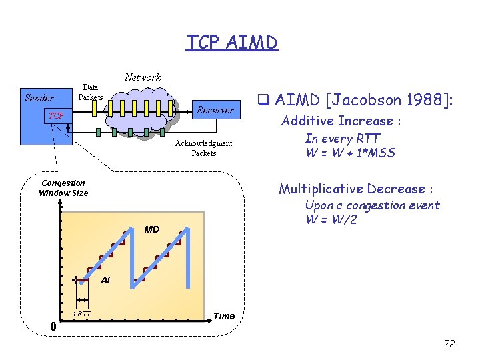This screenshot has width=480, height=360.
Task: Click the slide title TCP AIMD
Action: pos(231,43)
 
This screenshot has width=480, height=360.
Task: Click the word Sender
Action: pos(39,98)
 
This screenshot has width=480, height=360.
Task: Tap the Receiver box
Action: pos(215,110)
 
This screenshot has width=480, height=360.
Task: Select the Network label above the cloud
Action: pos(143,77)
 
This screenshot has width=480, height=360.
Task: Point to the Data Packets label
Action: pos(90,92)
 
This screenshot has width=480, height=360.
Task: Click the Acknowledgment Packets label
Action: pos(203,148)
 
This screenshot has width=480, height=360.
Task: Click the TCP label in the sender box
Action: pos(56,116)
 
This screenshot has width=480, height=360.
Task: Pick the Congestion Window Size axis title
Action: pos(63,188)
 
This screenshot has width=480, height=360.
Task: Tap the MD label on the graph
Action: pos(152,229)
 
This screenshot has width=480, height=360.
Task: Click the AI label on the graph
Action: pos(105,281)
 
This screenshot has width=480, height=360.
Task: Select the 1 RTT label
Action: pos(82,313)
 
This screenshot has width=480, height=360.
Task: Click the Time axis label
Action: pos(224,316)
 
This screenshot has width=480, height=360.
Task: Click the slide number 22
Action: pos(449,343)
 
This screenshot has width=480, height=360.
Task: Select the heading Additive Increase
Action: pos(341,121)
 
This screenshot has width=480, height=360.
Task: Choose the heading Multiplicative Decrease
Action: pos(357,189)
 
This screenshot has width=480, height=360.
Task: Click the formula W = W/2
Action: pos(331,219)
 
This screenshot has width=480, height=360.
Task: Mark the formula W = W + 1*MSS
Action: pos(350,153)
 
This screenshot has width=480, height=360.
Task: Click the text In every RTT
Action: pos(343,139)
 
